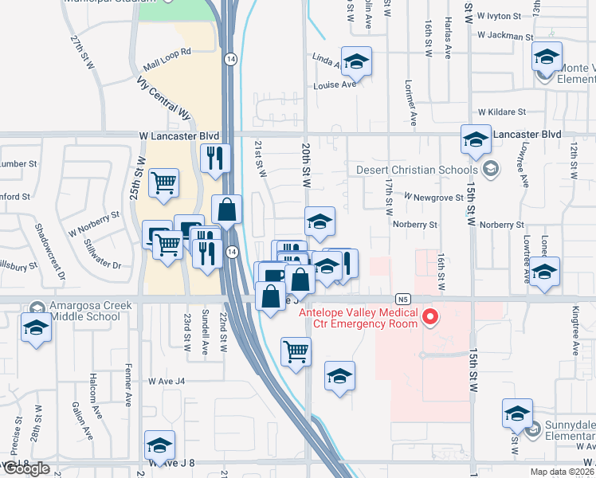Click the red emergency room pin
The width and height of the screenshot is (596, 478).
431,317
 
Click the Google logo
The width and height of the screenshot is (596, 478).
25,468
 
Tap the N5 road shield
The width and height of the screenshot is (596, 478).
405,300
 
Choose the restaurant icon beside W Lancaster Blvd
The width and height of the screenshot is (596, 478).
215,159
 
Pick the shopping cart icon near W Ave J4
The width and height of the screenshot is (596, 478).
296,351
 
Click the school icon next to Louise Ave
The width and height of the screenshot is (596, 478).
357,61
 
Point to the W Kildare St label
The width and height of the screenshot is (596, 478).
504,113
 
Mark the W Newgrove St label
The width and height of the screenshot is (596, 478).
433,196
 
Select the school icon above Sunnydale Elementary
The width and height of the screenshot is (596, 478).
516,416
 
